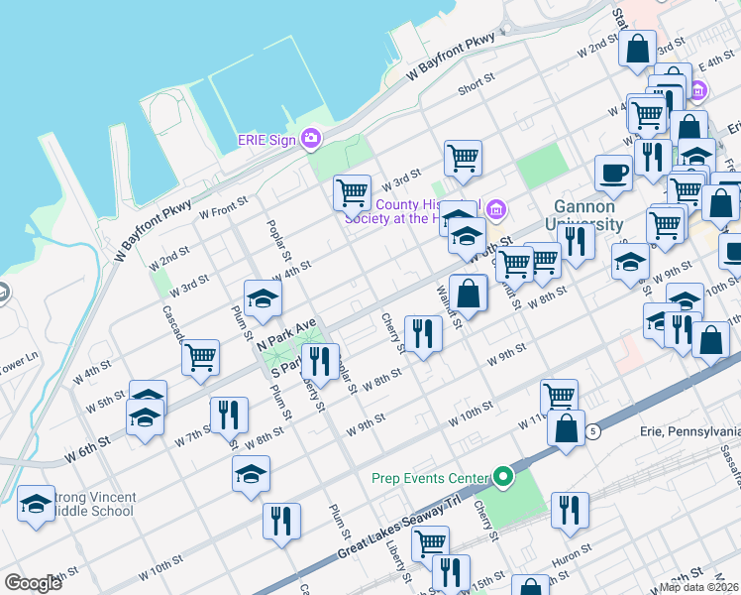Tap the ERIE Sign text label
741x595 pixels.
pyautogui.click(x=266, y=140)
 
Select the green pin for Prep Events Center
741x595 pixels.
pyautogui.click(x=503, y=478)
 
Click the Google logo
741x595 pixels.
pyautogui.click(x=34, y=582)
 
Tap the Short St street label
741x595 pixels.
pyautogui.click(x=476, y=87)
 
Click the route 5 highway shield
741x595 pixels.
pyautogui.click(x=592, y=431)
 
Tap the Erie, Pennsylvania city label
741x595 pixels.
pyautogui.click(x=691, y=432)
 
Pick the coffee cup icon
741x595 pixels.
pyautogui.click(x=612, y=172)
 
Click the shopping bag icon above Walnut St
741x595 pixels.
pyautogui.click(x=469, y=293)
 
